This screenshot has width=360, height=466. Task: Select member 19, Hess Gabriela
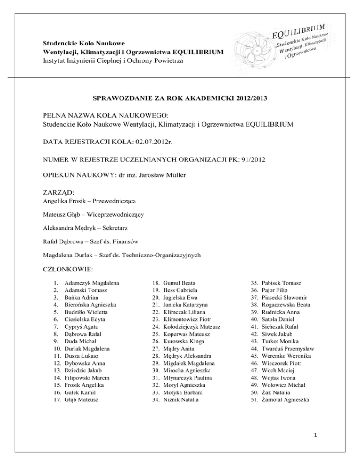[180, 290]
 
